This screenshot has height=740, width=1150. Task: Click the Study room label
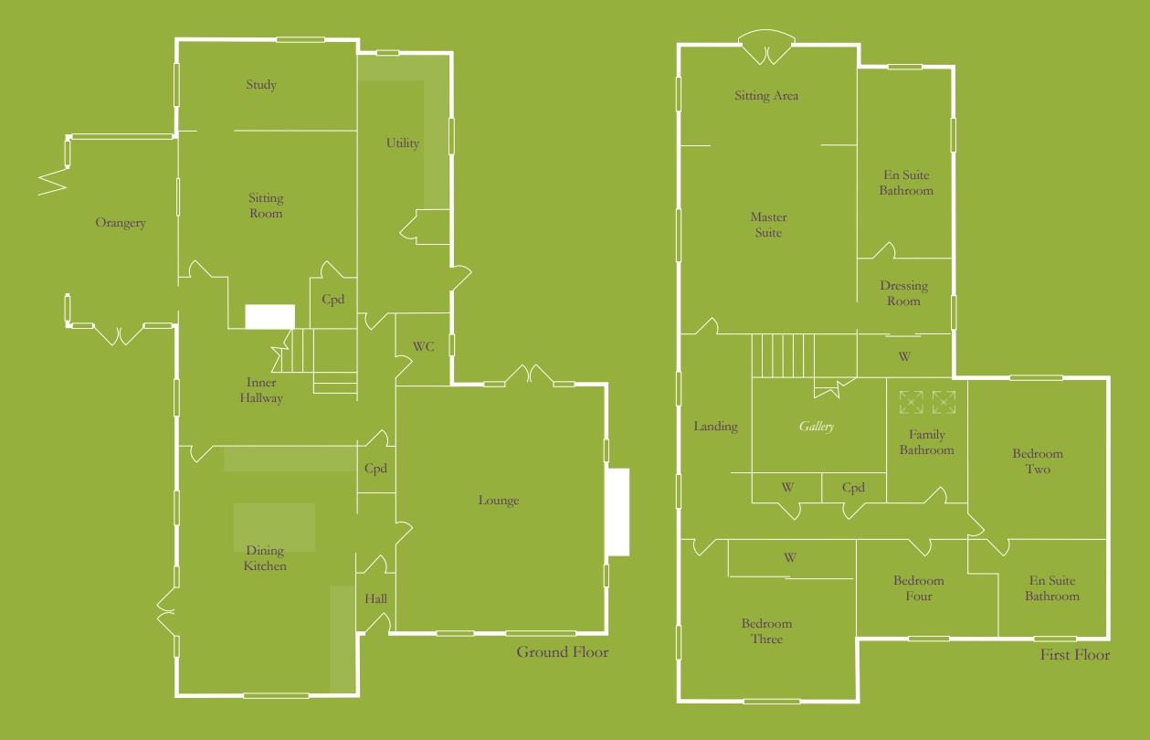(x=261, y=85)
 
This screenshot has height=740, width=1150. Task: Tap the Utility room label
(x=403, y=143)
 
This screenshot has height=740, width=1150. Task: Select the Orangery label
(x=121, y=223)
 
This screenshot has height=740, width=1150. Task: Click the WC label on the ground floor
(x=423, y=347)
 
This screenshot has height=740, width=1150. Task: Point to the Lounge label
(x=499, y=501)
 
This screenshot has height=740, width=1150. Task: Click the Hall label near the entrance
(x=376, y=599)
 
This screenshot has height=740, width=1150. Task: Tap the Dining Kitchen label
(x=266, y=558)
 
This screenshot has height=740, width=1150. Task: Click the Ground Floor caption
(x=563, y=652)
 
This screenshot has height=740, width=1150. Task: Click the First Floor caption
(x=1075, y=655)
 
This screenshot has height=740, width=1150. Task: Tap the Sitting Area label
(x=767, y=96)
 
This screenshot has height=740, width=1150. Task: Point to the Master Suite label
(x=768, y=226)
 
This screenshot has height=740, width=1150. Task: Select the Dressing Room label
(x=903, y=293)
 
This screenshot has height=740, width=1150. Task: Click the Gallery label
(x=817, y=427)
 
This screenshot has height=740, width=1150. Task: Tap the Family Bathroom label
(x=926, y=442)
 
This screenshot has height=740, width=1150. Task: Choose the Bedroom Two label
(x=1038, y=461)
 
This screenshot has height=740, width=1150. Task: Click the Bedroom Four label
(x=919, y=588)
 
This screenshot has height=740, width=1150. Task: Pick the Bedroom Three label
(x=767, y=631)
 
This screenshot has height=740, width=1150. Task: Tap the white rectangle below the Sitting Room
(x=270, y=316)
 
